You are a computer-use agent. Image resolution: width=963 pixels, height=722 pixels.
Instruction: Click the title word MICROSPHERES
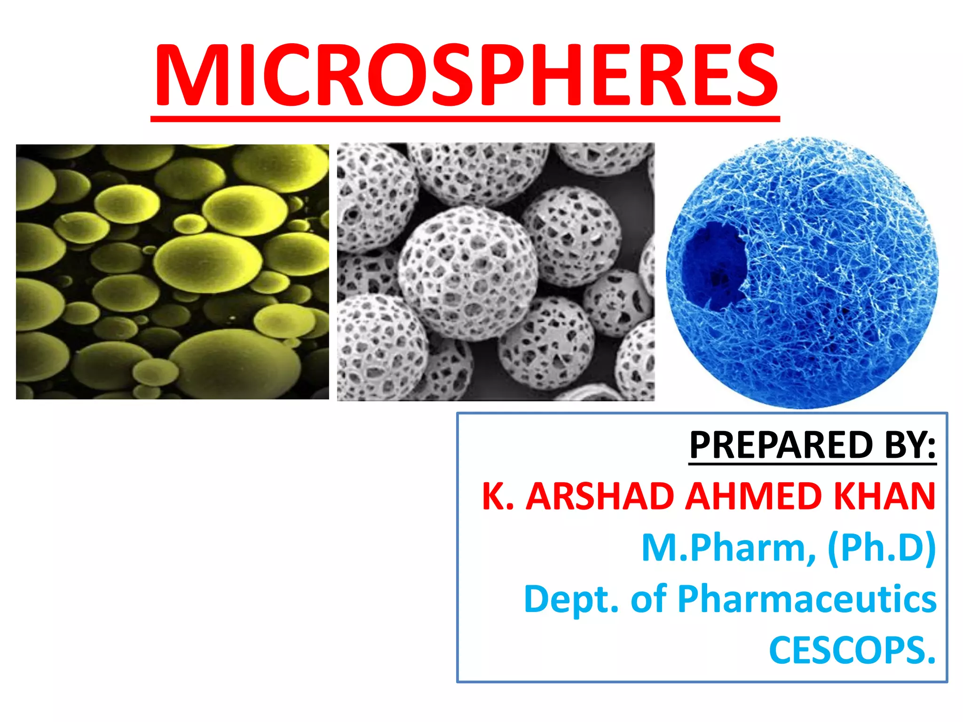tap(466, 75)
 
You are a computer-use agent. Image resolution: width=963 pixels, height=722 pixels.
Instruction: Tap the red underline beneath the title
tap(466, 119)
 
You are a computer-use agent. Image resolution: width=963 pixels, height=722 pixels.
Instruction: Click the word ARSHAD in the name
tap(600, 496)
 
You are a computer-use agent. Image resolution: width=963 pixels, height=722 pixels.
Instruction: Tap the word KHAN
tap(884, 496)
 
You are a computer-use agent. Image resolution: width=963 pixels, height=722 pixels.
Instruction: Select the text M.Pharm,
tap(729, 548)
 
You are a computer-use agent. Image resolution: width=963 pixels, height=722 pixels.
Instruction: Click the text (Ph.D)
tap(882, 548)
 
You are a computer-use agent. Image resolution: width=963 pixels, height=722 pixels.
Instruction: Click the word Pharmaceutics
tap(807, 599)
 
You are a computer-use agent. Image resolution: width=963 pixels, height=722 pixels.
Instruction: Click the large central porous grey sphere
tap(468, 273)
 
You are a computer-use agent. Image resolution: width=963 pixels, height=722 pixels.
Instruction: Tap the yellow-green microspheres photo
tap(172, 272)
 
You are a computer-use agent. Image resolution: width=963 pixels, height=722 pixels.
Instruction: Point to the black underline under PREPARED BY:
tap(813, 464)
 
